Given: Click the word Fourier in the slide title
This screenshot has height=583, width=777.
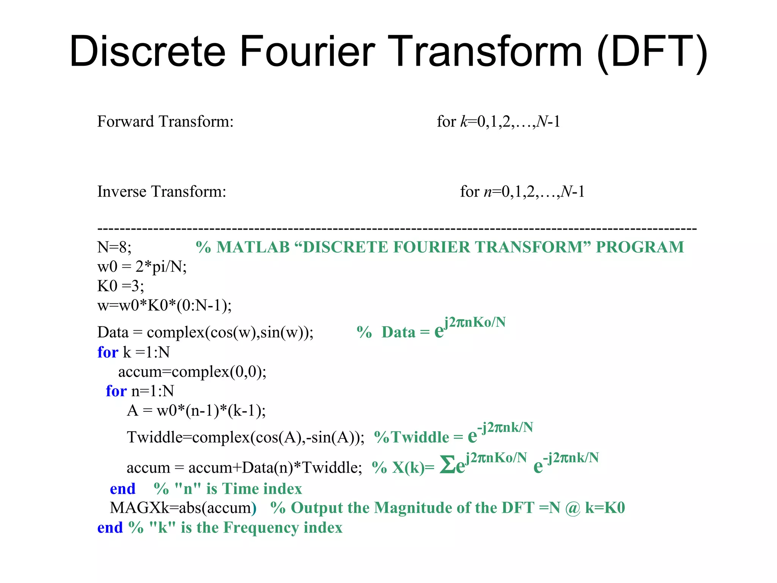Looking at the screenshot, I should point(307,51).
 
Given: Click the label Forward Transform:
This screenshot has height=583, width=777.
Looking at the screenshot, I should point(165,122).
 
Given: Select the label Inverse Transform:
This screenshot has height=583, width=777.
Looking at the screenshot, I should point(162,192).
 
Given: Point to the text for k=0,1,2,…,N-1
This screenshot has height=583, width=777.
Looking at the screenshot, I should point(498,122).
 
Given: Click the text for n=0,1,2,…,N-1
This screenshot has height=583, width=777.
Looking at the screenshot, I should point(522,192).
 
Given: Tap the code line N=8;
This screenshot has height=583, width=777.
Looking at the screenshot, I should point(114,247).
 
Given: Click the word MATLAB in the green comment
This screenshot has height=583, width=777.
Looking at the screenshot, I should point(253,247).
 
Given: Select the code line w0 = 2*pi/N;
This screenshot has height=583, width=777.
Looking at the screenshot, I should point(142,267).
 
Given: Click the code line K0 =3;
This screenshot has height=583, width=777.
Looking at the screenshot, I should point(121,286).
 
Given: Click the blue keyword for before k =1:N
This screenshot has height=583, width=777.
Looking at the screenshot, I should point(108,353).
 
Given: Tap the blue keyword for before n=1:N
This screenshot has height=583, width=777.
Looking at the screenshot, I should point(116,391).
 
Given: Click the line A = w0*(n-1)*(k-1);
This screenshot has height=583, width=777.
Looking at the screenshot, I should point(196,411).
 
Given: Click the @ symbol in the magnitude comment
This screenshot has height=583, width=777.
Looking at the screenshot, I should point(573,508).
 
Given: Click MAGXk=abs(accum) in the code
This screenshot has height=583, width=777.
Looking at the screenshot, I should point(183,508).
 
